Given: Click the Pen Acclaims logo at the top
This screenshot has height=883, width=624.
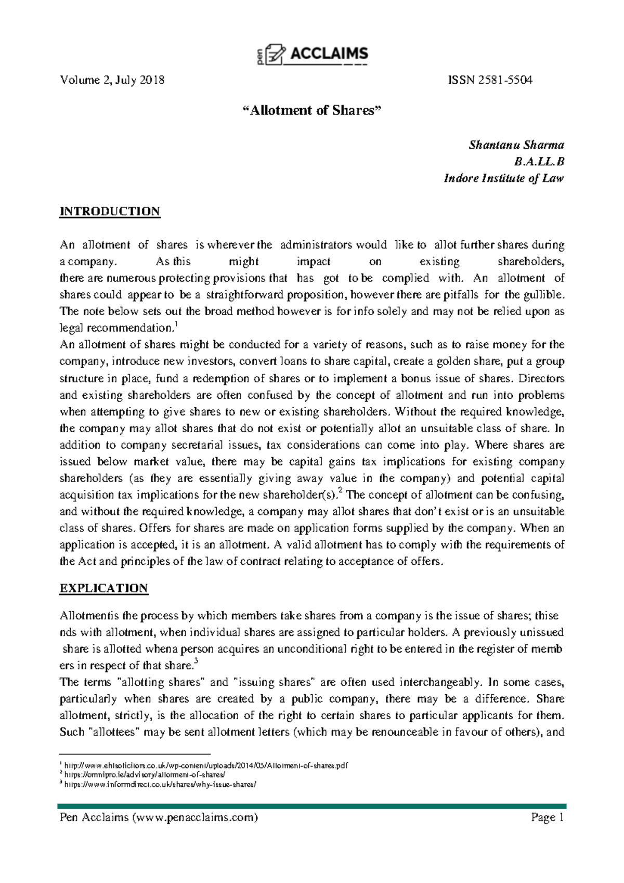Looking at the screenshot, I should click(313, 54).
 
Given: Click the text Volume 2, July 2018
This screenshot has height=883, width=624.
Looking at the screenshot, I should click(112, 80).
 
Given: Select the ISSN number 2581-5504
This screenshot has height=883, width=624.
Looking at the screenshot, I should click(490, 80).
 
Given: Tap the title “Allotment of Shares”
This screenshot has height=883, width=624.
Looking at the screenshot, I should click(312, 110).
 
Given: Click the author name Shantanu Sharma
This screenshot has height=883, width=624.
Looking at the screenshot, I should click(516, 145).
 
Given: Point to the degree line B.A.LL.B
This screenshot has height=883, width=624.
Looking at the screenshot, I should click(538, 162).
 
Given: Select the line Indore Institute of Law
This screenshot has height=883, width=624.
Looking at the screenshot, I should click(503, 178).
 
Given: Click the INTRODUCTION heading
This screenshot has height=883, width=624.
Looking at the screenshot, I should click(110, 212).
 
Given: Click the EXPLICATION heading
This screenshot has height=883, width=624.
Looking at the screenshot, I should click(104, 588).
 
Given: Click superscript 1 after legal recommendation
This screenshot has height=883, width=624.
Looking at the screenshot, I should click(176, 325).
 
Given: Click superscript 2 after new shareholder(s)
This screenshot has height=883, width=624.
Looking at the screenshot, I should click(340, 491).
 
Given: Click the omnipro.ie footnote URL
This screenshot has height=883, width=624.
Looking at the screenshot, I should click(145, 775).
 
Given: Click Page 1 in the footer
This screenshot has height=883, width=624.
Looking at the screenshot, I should click(547, 817).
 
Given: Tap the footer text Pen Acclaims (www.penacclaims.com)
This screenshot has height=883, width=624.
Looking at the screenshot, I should click(159, 817).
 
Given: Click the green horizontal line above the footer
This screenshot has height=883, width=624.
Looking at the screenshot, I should click(312, 806).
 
